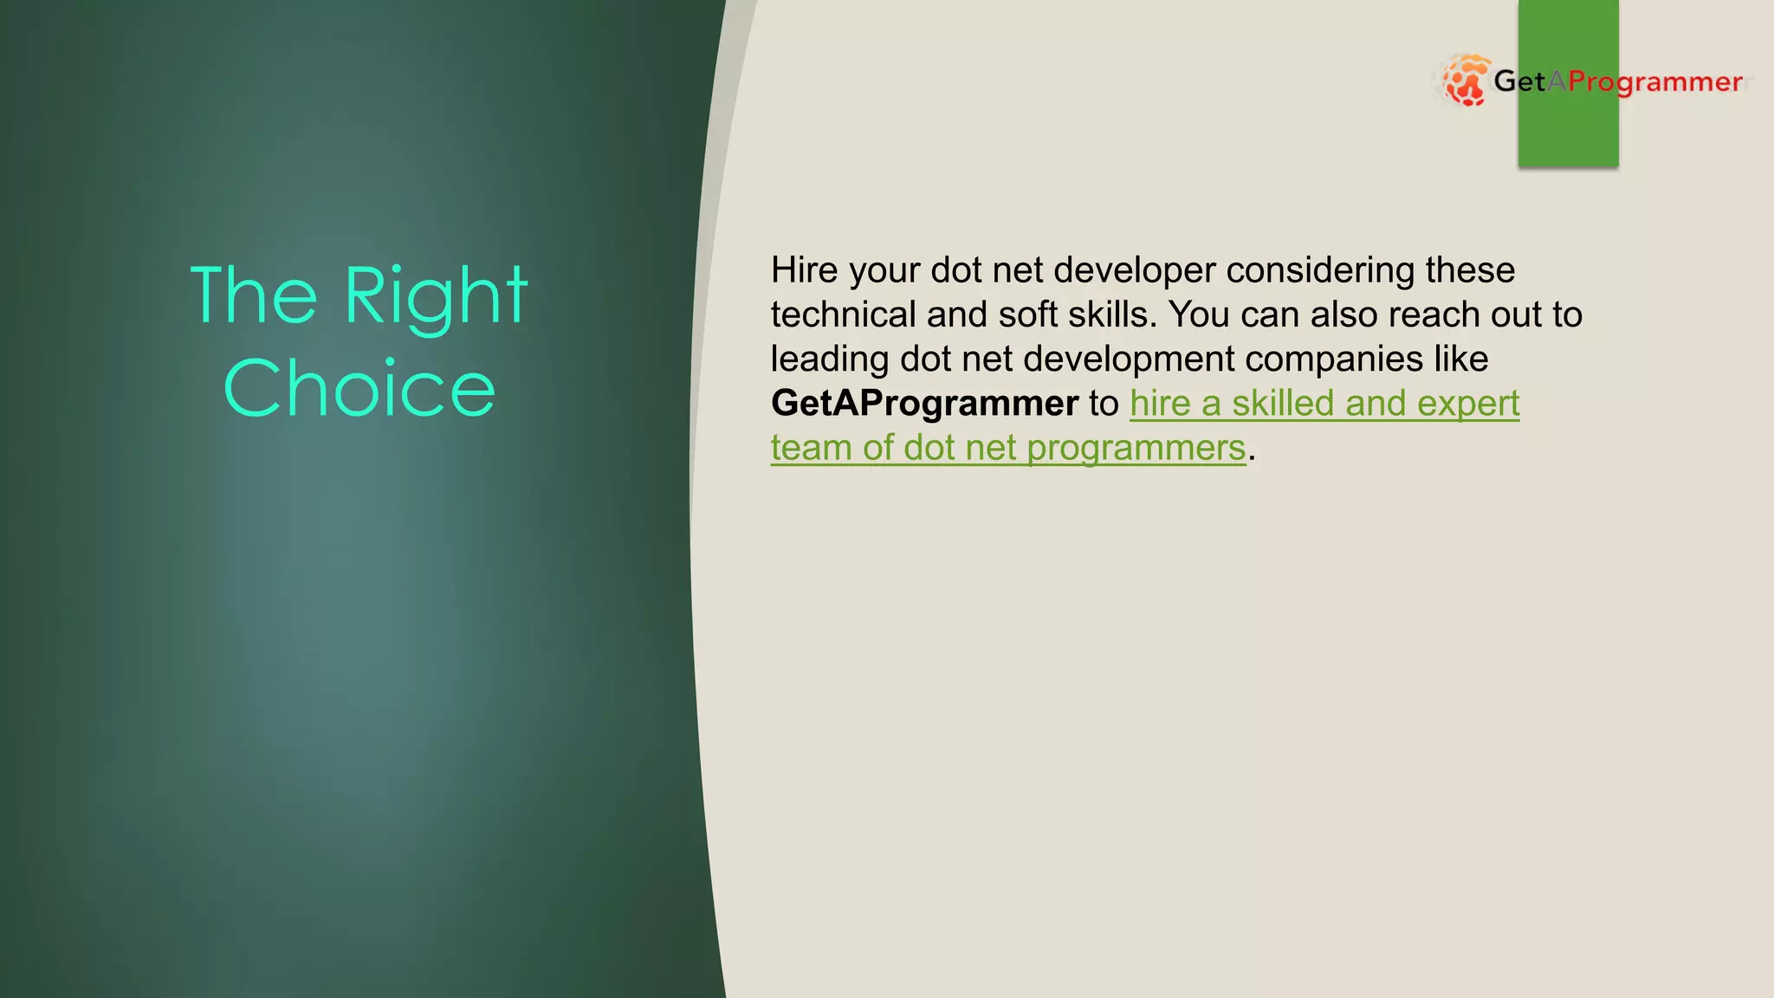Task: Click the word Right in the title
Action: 436,297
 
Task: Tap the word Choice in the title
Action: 359,389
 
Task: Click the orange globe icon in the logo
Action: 1465,81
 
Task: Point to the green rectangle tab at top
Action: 1568,130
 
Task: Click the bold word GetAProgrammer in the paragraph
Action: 924,404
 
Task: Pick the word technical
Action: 843,315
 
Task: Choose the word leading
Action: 830,360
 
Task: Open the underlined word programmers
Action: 1136,449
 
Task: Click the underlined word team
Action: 811,449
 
